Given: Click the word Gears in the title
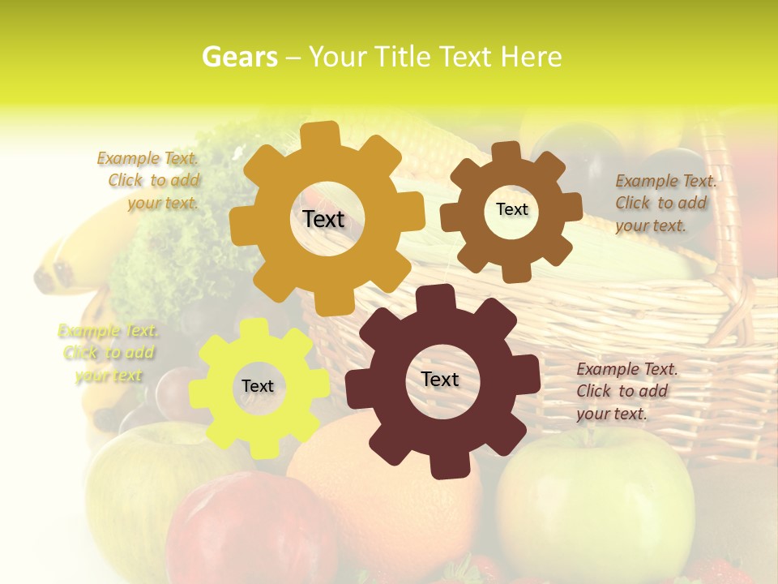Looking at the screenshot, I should [238, 57].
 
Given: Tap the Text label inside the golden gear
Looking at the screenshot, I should [323, 219].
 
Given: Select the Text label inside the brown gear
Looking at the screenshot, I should [511, 209].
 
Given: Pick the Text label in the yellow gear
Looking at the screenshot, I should [258, 386].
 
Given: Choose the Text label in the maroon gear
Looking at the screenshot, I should [440, 379].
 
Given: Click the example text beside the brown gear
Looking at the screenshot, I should [665, 203].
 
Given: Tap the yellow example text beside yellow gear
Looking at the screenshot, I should [108, 353].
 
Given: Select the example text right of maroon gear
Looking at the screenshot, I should [626, 391].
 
